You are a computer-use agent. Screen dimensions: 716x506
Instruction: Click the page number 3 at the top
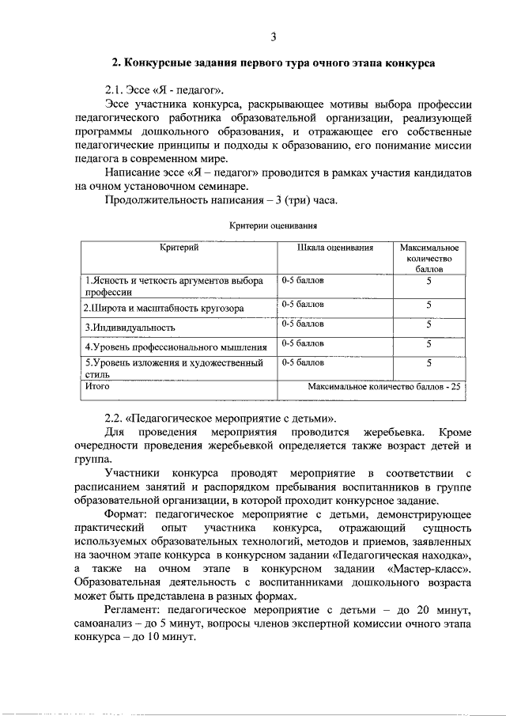273,37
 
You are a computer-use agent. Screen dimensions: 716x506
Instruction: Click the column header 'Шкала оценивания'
334,248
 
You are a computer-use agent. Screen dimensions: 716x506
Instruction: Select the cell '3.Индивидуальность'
130,326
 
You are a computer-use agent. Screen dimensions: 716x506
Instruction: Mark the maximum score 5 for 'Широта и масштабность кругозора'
429,304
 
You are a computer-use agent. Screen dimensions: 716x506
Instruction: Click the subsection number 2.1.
116,88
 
